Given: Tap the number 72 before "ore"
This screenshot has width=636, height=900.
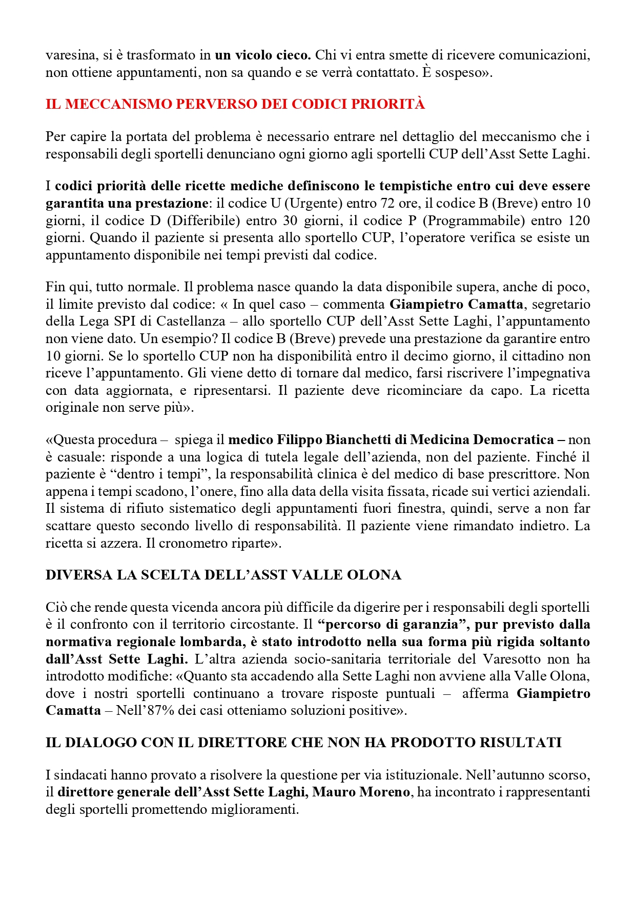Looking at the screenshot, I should pos(388,203).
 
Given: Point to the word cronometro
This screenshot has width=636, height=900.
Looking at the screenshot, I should pos(193,544).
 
